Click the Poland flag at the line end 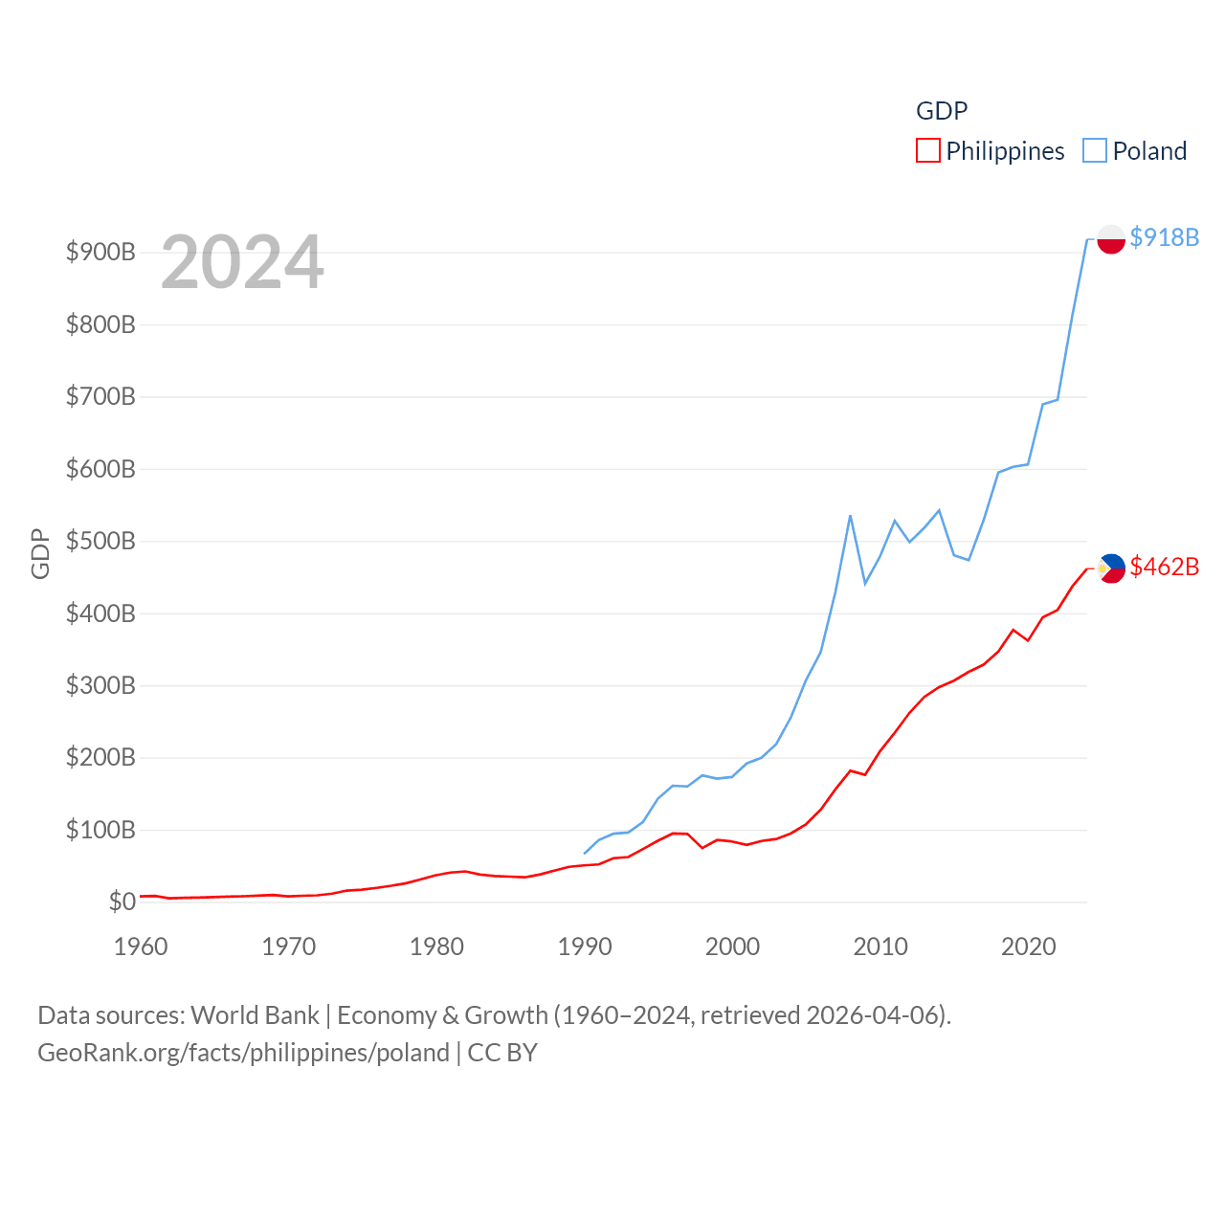tap(1110, 238)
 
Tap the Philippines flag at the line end tap(1110, 568)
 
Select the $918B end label tap(1164, 237)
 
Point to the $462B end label tap(1164, 567)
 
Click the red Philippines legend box tap(928, 151)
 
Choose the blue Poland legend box tap(1095, 151)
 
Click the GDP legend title tap(942, 111)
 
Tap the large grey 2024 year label tap(242, 262)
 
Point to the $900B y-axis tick tap(100, 253)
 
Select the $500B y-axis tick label tap(100, 542)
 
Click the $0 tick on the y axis tap(122, 902)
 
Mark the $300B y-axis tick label tap(100, 685)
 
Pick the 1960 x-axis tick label tap(141, 947)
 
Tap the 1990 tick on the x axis tap(585, 947)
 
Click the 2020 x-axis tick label tap(1028, 947)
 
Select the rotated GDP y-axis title tap(40, 553)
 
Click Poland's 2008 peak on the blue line tap(850, 516)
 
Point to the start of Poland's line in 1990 tap(585, 853)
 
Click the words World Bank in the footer tap(255, 1014)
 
